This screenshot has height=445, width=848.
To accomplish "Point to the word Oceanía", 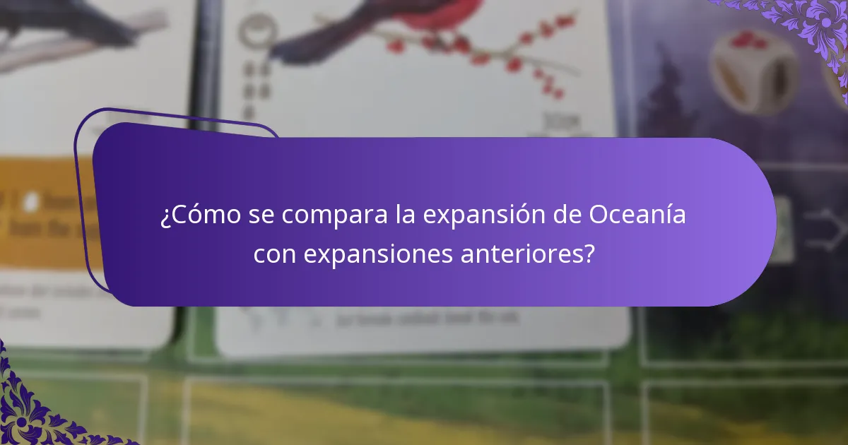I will [637, 215].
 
